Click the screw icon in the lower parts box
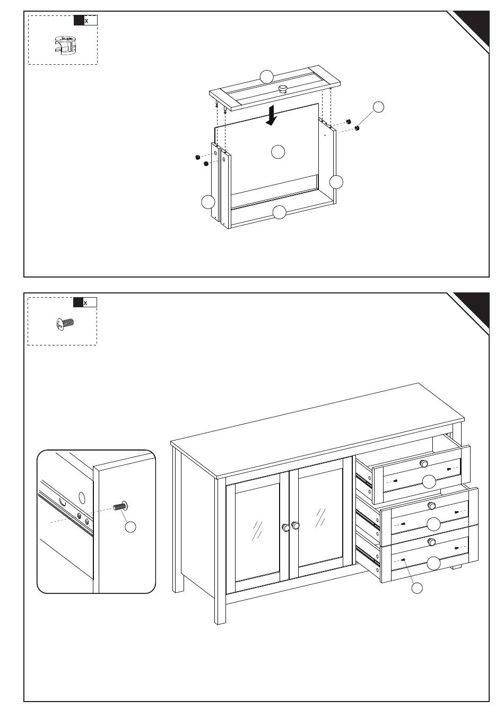pyautogui.click(x=65, y=323)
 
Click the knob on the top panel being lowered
pyautogui.click(x=283, y=89)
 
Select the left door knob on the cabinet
pyautogui.click(x=286, y=527)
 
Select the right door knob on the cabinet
pyautogui.click(x=296, y=525)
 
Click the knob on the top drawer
pyautogui.click(x=423, y=463)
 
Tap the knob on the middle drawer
pyautogui.click(x=431, y=506)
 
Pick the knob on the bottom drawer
pyautogui.click(x=432, y=541)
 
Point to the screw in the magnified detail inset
pyautogui.click(x=120, y=506)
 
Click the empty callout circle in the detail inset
pyautogui.click(x=131, y=526)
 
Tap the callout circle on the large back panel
pyautogui.click(x=278, y=152)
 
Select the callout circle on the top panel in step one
pyautogui.click(x=266, y=76)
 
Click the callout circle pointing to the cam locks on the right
pyautogui.click(x=378, y=107)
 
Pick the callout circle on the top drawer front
pyautogui.click(x=429, y=481)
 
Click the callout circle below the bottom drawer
pyautogui.click(x=418, y=588)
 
